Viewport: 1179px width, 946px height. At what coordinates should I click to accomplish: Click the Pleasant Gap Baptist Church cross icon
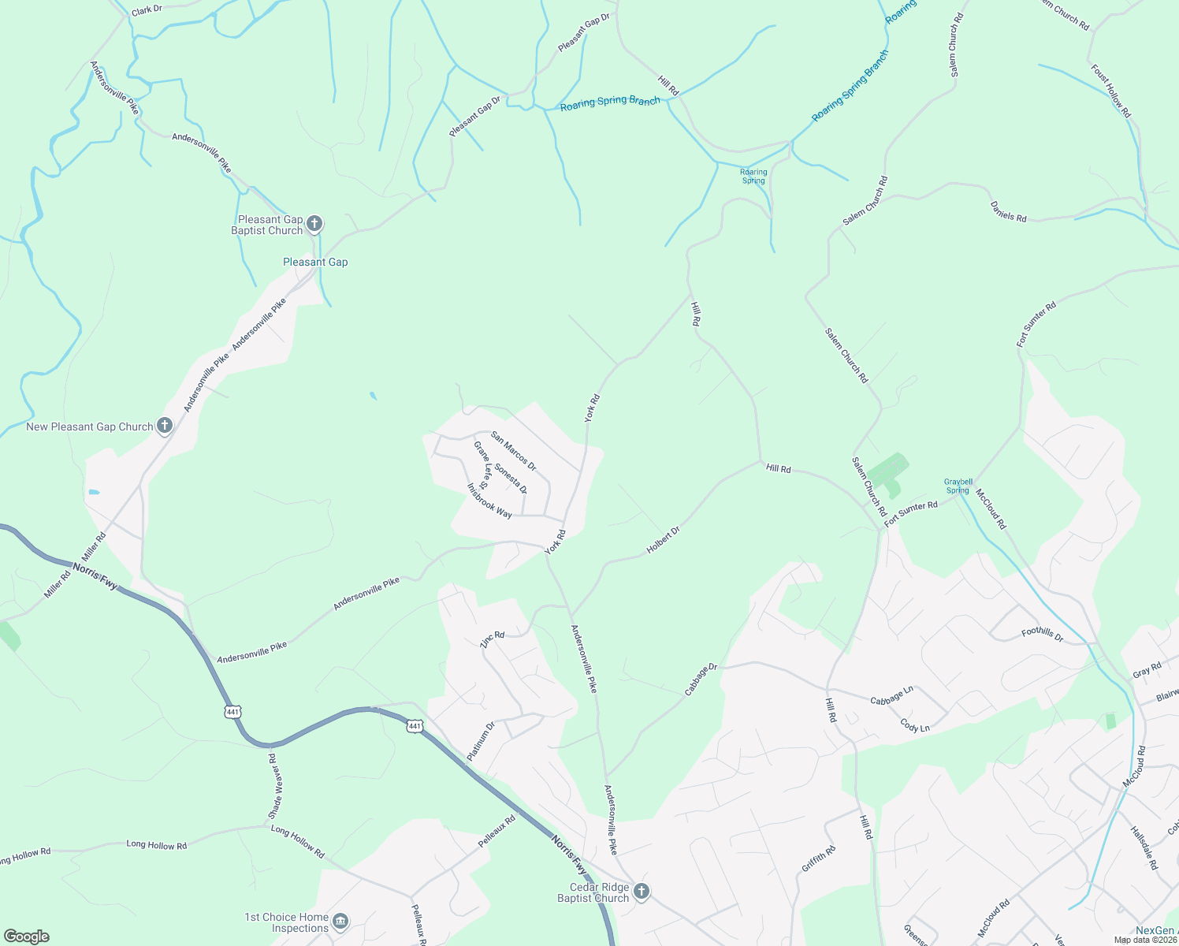point(314,224)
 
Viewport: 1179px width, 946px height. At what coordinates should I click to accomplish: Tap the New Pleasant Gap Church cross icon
point(165,426)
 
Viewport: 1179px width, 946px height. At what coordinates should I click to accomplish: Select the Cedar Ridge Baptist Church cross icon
point(642,892)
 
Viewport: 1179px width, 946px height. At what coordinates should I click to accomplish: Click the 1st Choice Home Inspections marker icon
point(340,922)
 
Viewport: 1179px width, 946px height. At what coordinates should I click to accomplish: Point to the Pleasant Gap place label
point(315,262)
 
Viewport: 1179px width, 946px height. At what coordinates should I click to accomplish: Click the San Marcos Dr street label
point(513,452)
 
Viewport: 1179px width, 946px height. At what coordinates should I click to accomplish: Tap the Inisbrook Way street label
point(489,501)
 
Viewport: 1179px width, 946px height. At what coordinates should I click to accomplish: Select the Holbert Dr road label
point(663,540)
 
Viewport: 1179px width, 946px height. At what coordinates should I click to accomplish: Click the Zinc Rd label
point(492,639)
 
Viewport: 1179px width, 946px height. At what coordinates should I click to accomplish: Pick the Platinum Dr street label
point(481,741)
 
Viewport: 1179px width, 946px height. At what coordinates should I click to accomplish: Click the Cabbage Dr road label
point(701,679)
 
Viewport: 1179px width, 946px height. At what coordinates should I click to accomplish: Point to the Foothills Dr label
point(1042,634)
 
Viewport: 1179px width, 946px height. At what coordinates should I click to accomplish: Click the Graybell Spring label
point(958,486)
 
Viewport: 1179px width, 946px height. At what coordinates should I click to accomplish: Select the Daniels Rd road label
point(1008,211)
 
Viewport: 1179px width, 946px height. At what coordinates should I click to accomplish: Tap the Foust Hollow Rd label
point(1110,91)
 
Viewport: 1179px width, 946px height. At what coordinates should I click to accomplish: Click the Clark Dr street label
point(147,10)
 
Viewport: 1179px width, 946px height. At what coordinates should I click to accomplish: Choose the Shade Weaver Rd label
point(273,786)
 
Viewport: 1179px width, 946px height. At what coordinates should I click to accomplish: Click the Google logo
point(27,937)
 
